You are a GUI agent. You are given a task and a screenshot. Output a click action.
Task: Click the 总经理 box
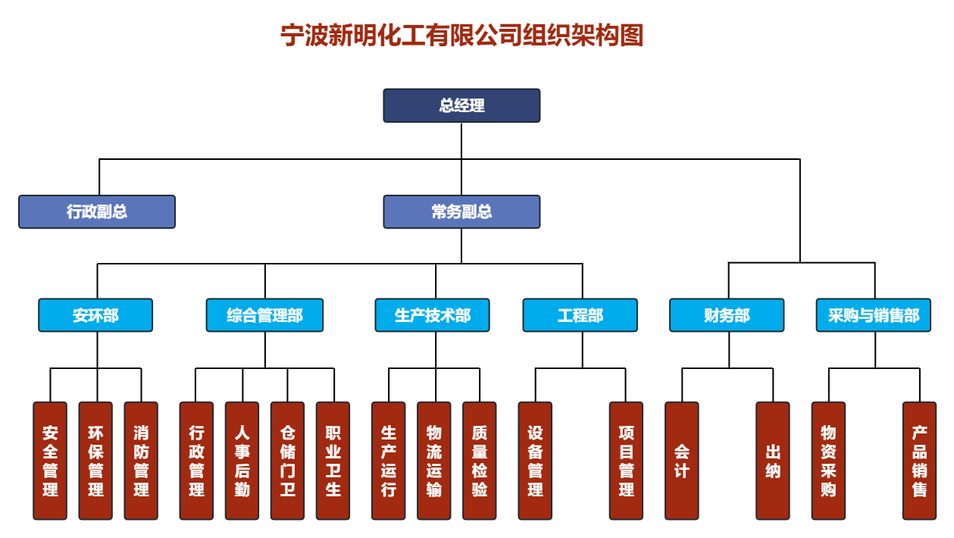461,105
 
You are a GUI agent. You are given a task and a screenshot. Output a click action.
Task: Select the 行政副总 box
97,211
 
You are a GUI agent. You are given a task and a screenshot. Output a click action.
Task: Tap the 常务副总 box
461,211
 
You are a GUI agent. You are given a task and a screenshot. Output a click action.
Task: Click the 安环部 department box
95,315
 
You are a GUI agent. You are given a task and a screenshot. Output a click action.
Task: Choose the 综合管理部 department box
264,315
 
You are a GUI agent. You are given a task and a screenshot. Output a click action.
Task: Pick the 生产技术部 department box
432,315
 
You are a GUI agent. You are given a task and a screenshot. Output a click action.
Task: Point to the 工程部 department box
580,315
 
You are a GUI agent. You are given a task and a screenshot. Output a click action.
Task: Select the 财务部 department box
727,315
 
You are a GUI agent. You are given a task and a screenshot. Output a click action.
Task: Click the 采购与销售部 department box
873,315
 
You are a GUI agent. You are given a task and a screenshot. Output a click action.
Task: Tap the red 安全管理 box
50,461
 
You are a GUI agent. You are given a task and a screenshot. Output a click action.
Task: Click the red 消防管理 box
141,461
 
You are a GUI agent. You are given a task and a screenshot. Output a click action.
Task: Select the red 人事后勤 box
242,461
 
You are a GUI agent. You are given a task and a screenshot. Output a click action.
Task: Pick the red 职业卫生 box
333,461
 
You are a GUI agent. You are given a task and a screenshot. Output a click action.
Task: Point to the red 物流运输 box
433,461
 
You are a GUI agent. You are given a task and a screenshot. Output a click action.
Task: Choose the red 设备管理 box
535,461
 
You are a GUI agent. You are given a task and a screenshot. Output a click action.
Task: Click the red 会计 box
681,461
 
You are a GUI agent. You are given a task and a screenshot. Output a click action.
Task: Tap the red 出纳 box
773,461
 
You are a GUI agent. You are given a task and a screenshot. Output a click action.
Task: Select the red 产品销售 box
919,461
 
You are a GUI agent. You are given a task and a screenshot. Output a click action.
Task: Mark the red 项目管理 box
626,461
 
